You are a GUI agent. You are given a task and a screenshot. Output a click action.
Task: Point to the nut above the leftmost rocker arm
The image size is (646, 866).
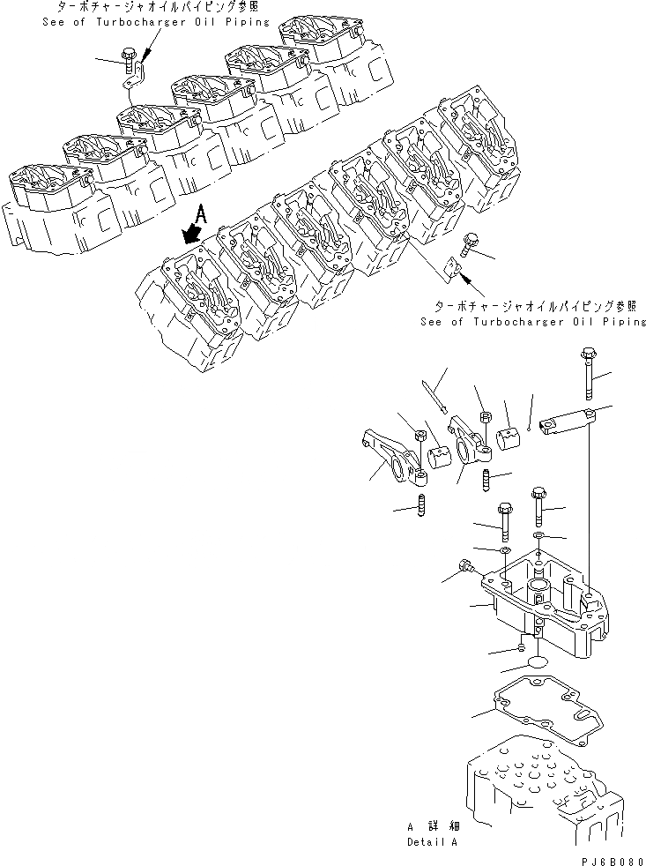tap(420, 435)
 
